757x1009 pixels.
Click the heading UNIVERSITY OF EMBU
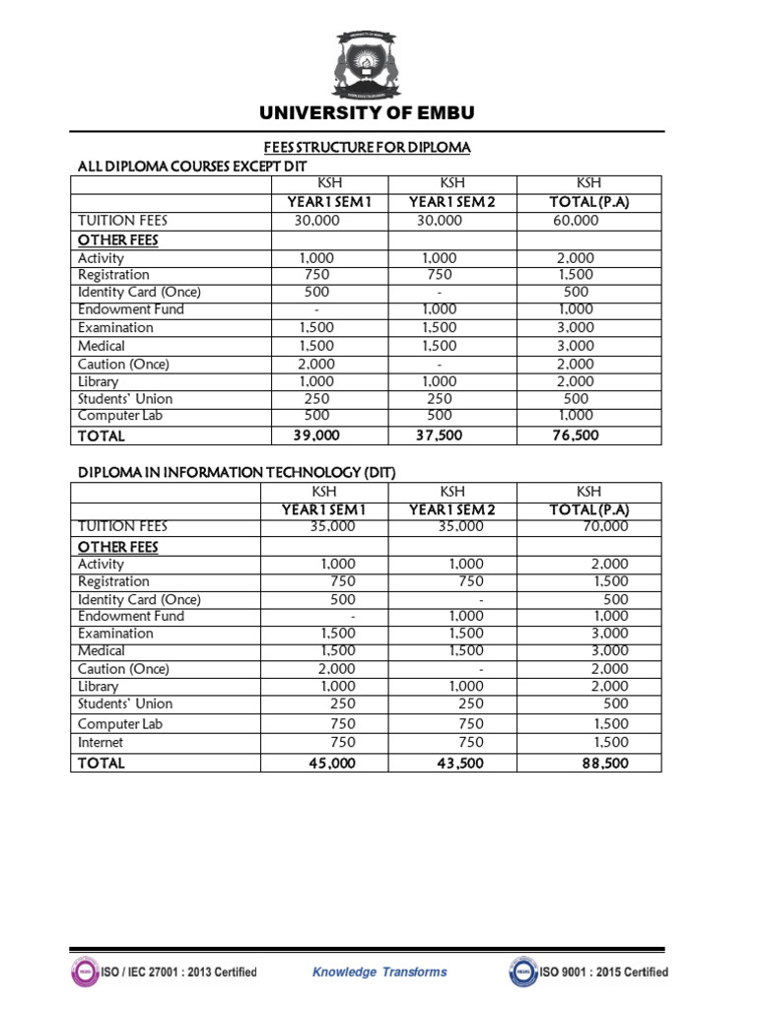pos(367,113)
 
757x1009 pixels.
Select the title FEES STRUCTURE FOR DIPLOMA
pos(366,148)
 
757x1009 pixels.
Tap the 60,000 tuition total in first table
pos(576,221)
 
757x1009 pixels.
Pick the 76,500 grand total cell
pos(576,436)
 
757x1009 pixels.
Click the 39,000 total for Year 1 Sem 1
pos(315,436)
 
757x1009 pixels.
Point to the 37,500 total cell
pos(439,436)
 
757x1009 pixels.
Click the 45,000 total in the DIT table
pos(332,763)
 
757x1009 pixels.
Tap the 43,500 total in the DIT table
pos(460,763)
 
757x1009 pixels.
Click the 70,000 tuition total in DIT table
pos(605,526)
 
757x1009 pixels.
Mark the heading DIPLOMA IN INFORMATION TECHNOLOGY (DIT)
pos(237,473)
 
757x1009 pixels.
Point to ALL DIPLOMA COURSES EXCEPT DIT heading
pos(186,167)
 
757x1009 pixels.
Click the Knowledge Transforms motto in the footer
pos(379,972)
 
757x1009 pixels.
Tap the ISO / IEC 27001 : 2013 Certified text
pos(178,972)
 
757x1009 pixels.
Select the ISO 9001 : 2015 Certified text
pos(603,972)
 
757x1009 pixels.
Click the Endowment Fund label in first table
pos(117,309)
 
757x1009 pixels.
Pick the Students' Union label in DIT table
pos(125,704)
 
